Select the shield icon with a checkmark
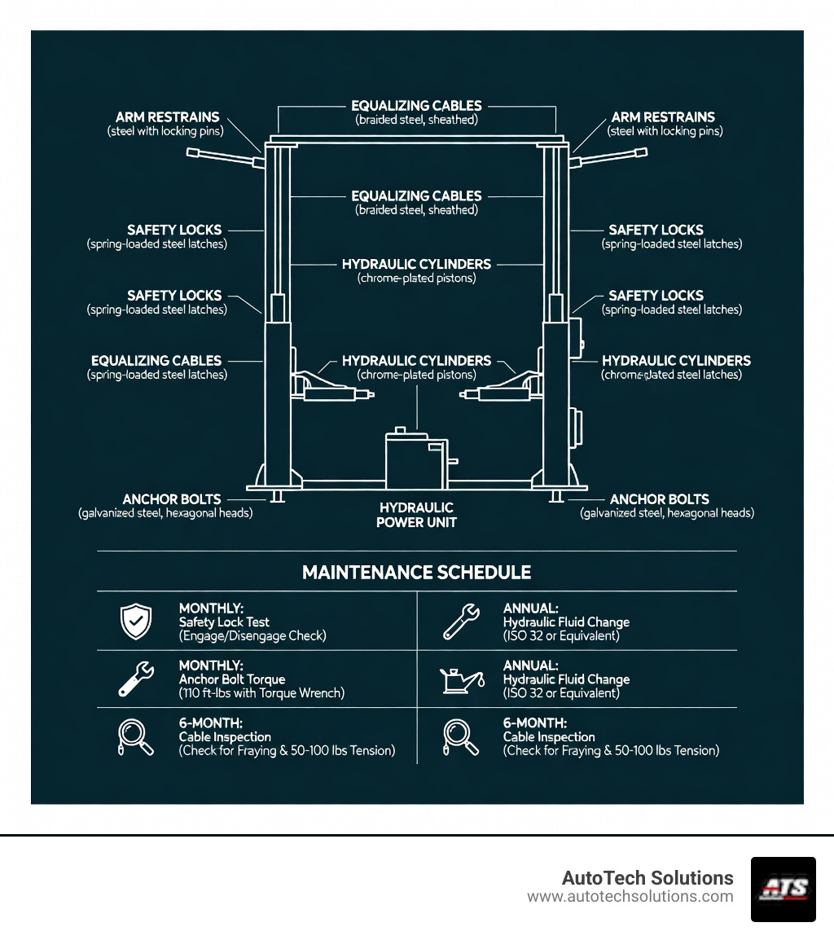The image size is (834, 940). coord(135,622)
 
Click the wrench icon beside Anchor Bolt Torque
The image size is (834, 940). coord(135,679)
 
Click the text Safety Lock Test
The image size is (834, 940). coord(224,622)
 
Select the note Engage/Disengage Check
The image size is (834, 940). coord(252,636)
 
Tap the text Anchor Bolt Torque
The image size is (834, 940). coord(232,679)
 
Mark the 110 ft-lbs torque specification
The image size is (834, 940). coord(261,693)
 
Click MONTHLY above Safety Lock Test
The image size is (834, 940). coord(211,608)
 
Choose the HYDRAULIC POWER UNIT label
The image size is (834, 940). coord(416,515)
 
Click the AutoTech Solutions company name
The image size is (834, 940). coord(647,878)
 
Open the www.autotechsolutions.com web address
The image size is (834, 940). coord(630,897)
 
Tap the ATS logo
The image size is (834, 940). coord(783,889)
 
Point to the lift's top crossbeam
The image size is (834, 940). coord(417,142)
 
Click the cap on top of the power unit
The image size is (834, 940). coord(400,430)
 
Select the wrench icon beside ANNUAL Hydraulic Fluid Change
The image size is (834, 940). coord(460,622)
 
